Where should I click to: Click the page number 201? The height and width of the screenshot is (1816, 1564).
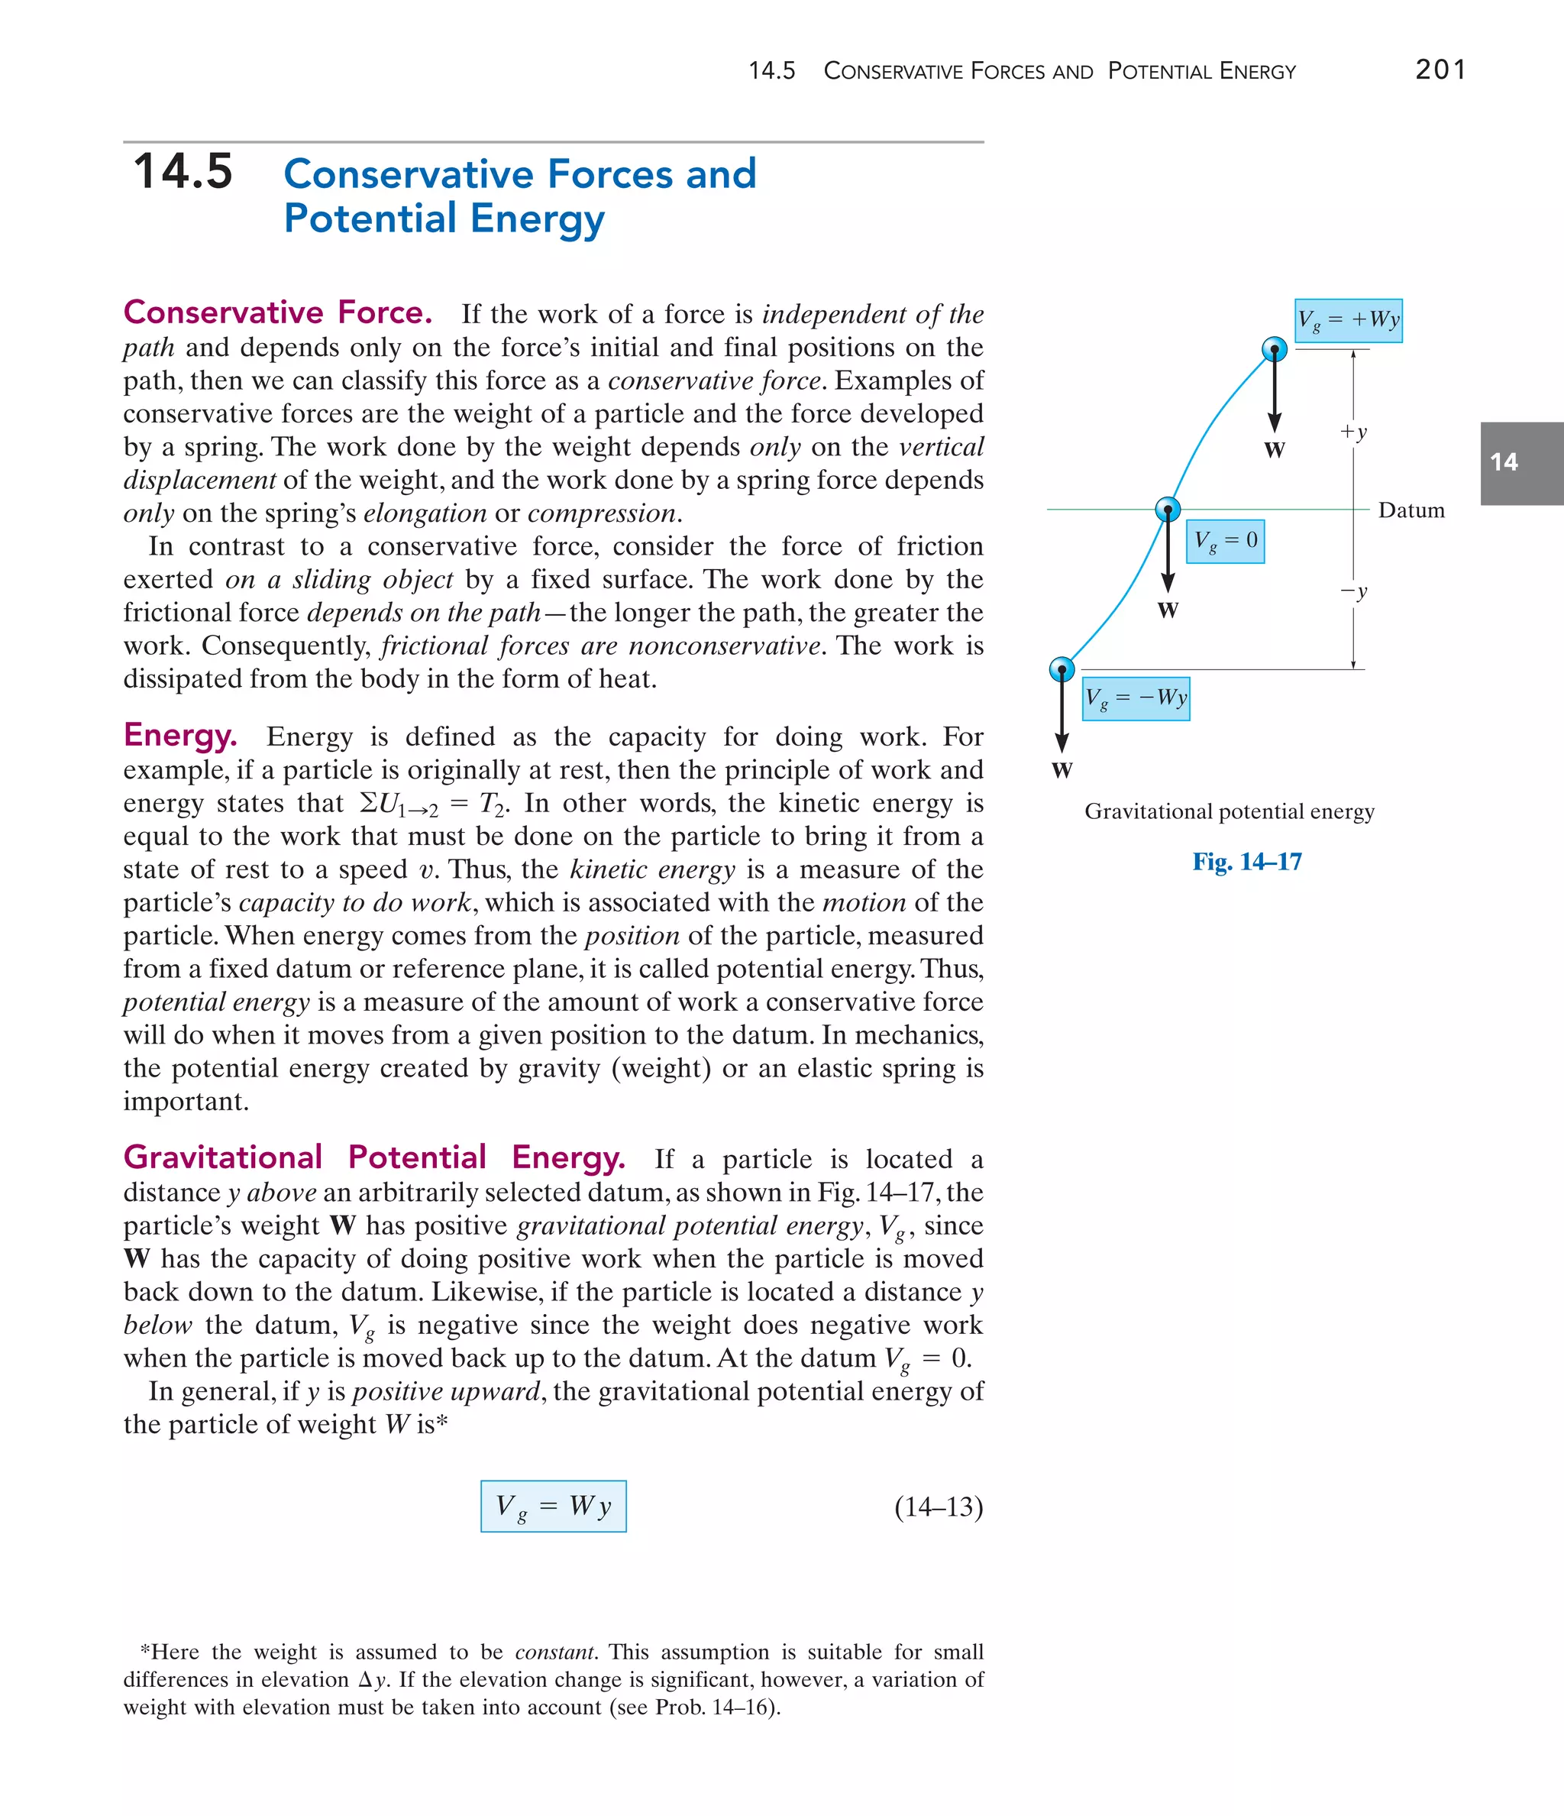(x=1440, y=70)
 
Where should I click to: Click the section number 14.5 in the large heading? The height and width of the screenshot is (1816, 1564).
(x=183, y=171)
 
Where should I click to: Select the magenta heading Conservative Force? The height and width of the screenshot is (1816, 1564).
(x=278, y=313)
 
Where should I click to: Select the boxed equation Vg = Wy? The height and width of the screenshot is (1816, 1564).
(x=553, y=1506)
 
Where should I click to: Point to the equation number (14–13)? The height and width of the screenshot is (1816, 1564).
(x=939, y=1507)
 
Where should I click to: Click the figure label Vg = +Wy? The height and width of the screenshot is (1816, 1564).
(x=1348, y=320)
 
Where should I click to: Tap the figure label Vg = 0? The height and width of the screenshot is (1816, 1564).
(x=1225, y=541)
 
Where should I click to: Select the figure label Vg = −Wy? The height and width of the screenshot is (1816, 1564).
(x=1136, y=698)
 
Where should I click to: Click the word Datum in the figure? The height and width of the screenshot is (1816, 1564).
(x=1411, y=510)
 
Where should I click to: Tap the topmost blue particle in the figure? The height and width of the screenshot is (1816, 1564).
(x=1274, y=350)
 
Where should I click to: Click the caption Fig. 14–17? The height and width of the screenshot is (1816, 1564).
(x=1246, y=862)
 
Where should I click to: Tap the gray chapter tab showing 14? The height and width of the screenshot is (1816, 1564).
(x=1520, y=463)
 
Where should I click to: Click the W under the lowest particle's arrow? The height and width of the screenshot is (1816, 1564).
(x=1062, y=770)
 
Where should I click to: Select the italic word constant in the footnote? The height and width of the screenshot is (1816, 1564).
(x=554, y=1652)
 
